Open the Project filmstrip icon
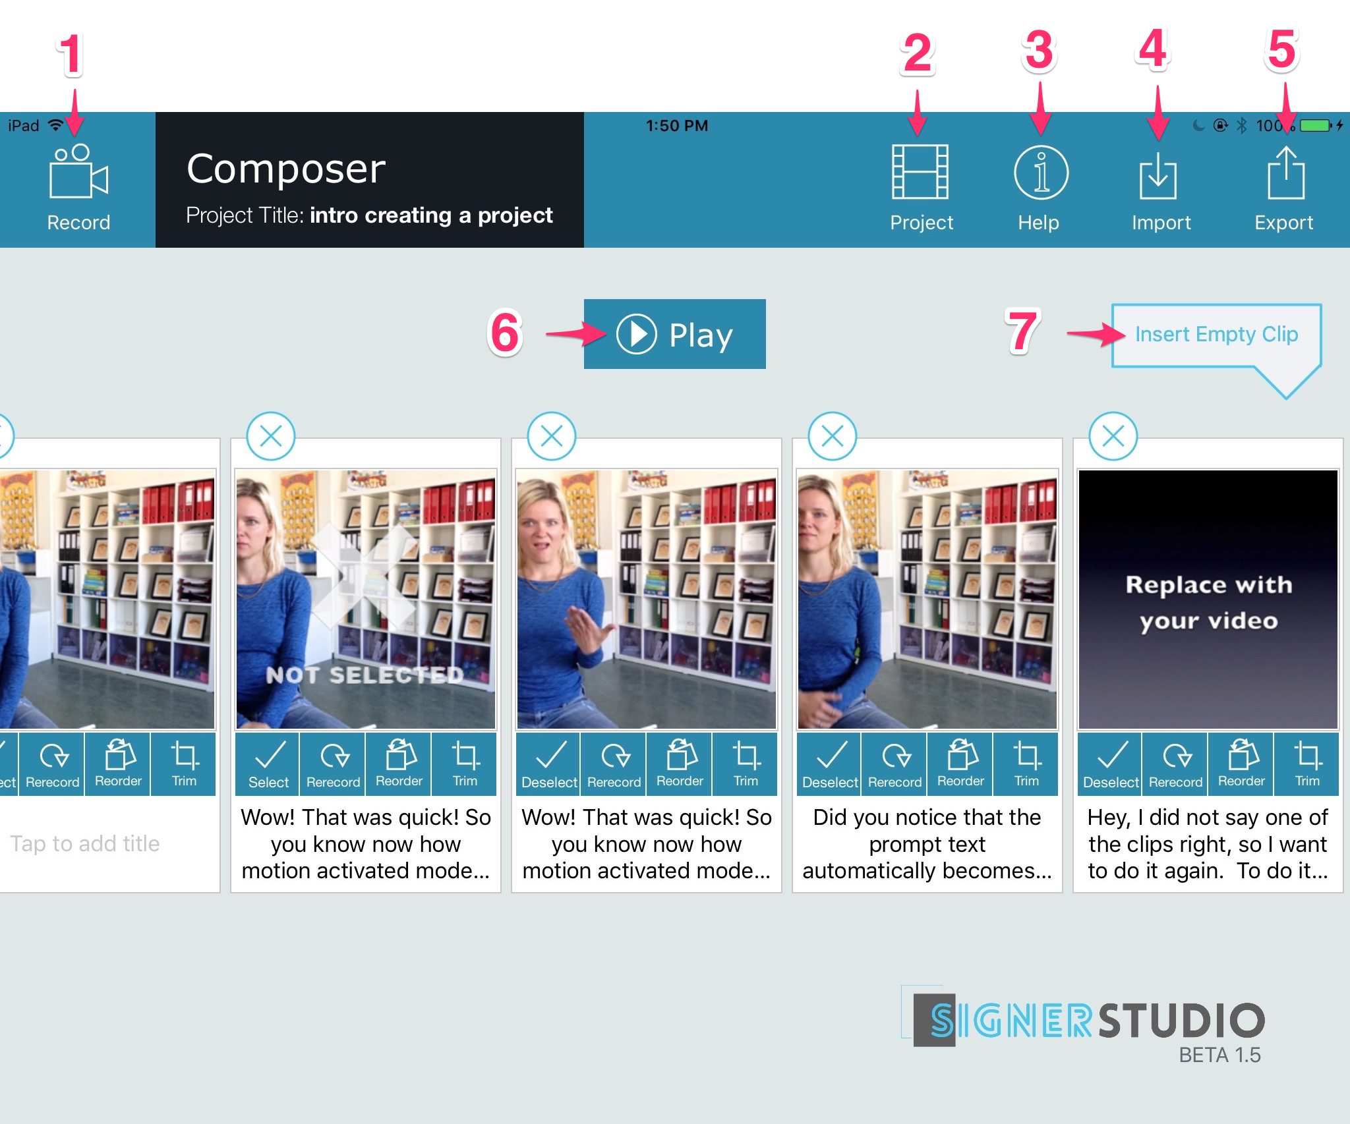[x=920, y=172]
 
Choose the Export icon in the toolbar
[x=1285, y=173]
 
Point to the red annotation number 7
[x=1022, y=331]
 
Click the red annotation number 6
[x=505, y=333]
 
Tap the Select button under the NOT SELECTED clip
[x=268, y=764]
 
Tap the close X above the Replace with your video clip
[x=1113, y=436]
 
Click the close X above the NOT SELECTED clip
[x=271, y=436]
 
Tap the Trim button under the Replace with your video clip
[x=1306, y=764]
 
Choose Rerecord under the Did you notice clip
[x=895, y=764]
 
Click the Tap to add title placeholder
[x=85, y=843]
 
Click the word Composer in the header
[x=286, y=169]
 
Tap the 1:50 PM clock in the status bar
[x=676, y=126]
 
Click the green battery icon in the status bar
[x=1316, y=125]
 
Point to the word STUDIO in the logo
[x=1181, y=1021]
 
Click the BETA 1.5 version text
[x=1219, y=1055]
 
